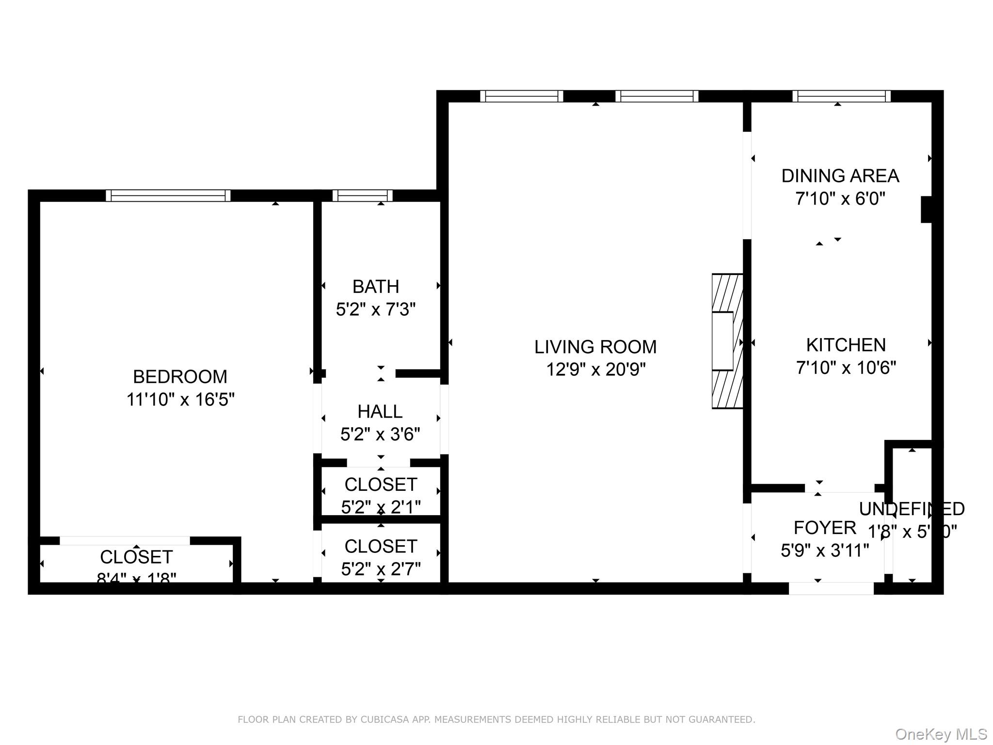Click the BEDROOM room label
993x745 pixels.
click(180, 376)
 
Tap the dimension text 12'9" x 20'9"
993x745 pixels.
click(595, 370)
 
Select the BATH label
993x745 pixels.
click(375, 287)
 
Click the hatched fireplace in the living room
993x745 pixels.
click(727, 341)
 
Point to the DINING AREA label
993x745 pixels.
click(840, 176)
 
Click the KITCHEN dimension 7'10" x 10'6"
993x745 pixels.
click(846, 368)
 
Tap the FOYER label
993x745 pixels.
click(824, 528)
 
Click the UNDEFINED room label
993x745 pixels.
click(912, 509)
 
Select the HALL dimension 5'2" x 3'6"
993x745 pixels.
click(380, 434)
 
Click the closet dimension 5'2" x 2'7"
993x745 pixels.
click(381, 568)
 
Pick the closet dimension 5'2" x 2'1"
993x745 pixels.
click(381, 507)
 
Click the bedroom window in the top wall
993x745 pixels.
click(168, 195)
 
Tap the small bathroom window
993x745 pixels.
click(362, 195)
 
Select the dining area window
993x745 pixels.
click(841, 96)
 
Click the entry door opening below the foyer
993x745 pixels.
click(831, 588)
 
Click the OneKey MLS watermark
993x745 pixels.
click(941, 734)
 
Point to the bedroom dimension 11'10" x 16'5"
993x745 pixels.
click(180, 400)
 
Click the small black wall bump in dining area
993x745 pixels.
click(926, 210)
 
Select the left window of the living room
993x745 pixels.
click(521, 96)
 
